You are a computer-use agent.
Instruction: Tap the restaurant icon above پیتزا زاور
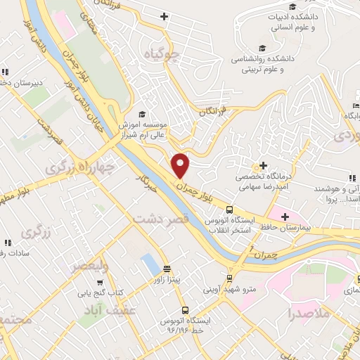167,269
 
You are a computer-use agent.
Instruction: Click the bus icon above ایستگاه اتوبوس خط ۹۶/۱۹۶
185,309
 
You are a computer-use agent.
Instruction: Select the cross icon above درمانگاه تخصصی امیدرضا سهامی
264,166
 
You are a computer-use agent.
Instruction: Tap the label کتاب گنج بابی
99,292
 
